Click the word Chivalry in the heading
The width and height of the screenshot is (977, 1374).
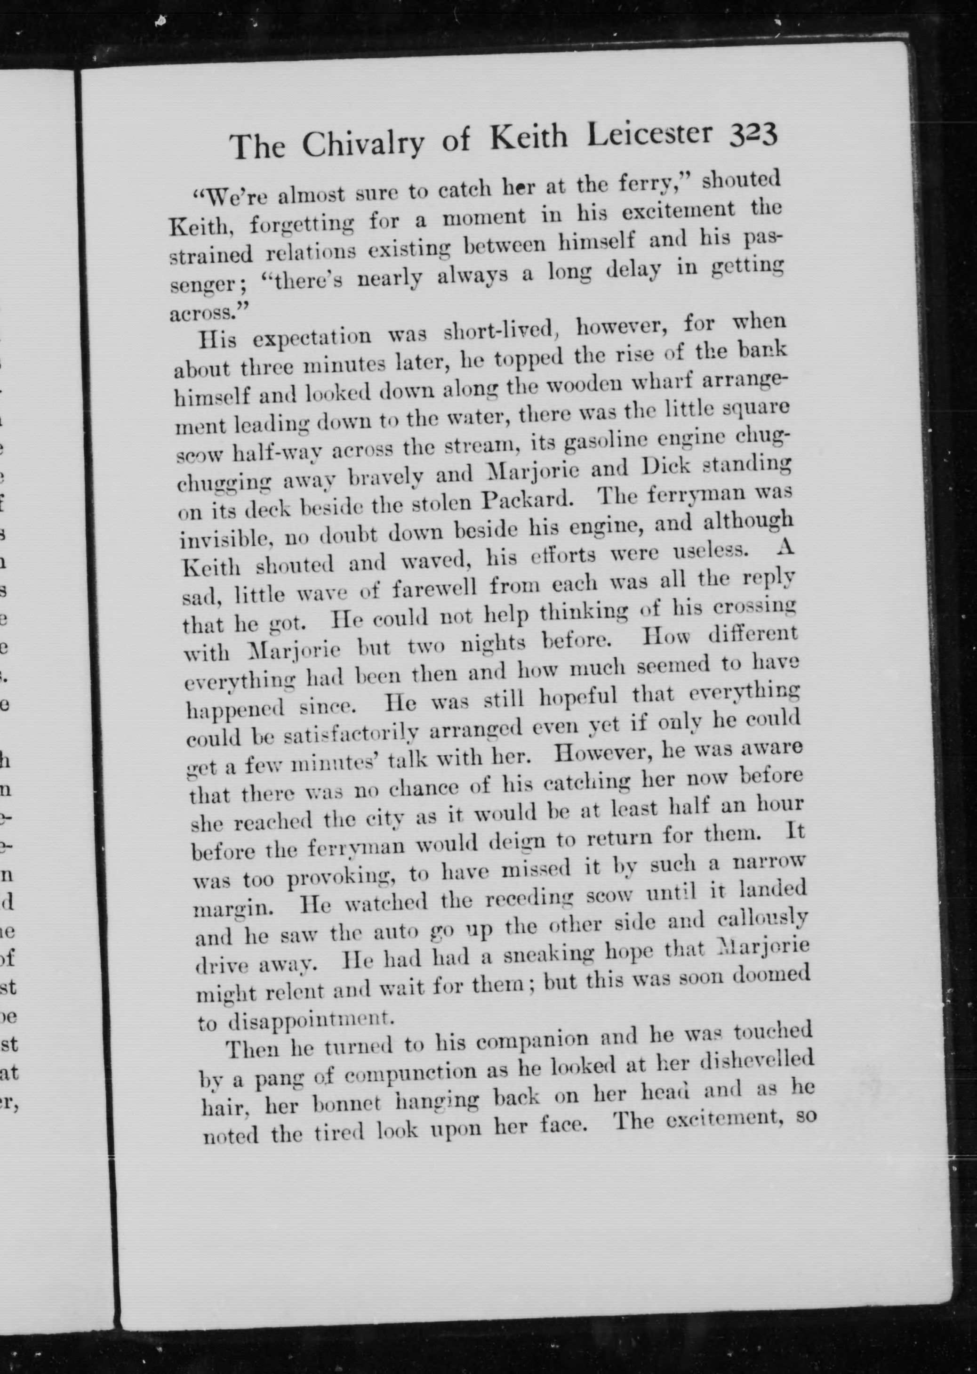[x=363, y=143]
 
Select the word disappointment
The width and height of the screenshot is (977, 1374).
[x=311, y=1020]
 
